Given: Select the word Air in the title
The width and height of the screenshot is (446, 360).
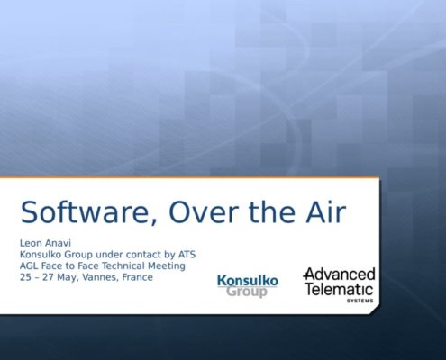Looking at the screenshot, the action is pos(326,211).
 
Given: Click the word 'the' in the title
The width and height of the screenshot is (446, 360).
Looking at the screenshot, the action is pos(272,211).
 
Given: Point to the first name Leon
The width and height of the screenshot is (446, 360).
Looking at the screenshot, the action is pos(29,243).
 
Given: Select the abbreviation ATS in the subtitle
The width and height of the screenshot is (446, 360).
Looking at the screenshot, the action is pos(187,255).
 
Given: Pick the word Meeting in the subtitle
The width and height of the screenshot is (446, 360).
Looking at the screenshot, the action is pos(167,266).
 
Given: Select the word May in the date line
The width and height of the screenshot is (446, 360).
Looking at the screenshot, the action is pos(68,278).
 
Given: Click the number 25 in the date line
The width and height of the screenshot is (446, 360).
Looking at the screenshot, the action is pos(25,277).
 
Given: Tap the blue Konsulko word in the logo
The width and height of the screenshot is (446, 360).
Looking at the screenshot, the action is pos(248,281).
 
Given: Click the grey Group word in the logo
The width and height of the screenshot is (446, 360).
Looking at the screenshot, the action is pos(247,292).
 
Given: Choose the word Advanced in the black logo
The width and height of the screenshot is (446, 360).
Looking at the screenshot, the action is pos(340,274).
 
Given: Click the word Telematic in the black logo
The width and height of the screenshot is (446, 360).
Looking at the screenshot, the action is pos(340,289).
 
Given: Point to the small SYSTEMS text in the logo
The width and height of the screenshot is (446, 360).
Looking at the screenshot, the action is pos(360,301).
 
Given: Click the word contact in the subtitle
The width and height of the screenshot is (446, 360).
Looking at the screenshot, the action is pos(140,255).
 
